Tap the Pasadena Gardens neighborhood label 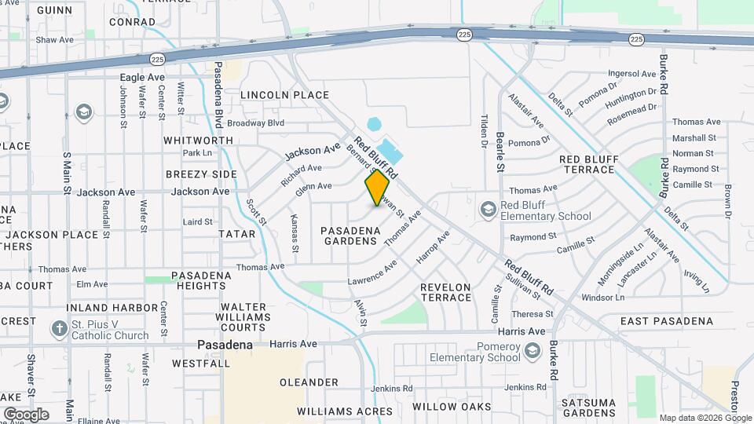pyautogui.click(x=350, y=236)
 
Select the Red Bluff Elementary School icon pyautogui.click(x=489, y=209)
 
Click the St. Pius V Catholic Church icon pyautogui.click(x=59, y=328)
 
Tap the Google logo pyautogui.click(x=26, y=414)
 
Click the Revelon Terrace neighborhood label pyautogui.click(x=445, y=293)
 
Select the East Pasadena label pyautogui.click(x=667, y=321)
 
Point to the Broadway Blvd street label pyautogui.click(x=255, y=123)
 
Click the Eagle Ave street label pyautogui.click(x=142, y=78)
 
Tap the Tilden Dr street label pyautogui.click(x=484, y=130)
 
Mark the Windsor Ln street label pyautogui.click(x=602, y=298)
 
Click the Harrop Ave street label pyautogui.click(x=433, y=247)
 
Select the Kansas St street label pyautogui.click(x=295, y=233)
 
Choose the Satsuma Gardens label pyautogui.click(x=611, y=408)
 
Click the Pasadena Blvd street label pyautogui.click(x=218, y=95)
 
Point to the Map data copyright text pyautogui.click(x=705, y=418)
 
